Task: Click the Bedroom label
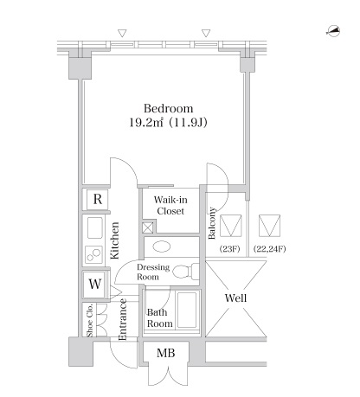coord(169,108)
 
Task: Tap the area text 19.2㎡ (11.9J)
coord(168,123)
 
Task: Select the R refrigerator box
coord(98,199)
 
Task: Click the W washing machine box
coord(95,284)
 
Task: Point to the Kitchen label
coord(114,240)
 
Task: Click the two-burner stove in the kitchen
coord(93,254)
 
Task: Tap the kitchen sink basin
coord(95,227)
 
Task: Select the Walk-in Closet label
coord(170,205)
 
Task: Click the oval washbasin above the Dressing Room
coord(162,247)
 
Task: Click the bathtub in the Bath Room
coord(187,310)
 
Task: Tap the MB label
coord(166,353)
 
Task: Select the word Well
coord(235,298)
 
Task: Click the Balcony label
coord(212,223)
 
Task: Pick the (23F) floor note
coord(230,248)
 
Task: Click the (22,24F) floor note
coord(270,248)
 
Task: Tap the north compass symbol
coord(333,31)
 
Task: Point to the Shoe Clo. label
coord(90,320)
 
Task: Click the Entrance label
coord(123,319)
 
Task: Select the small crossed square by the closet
coord(148,227)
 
